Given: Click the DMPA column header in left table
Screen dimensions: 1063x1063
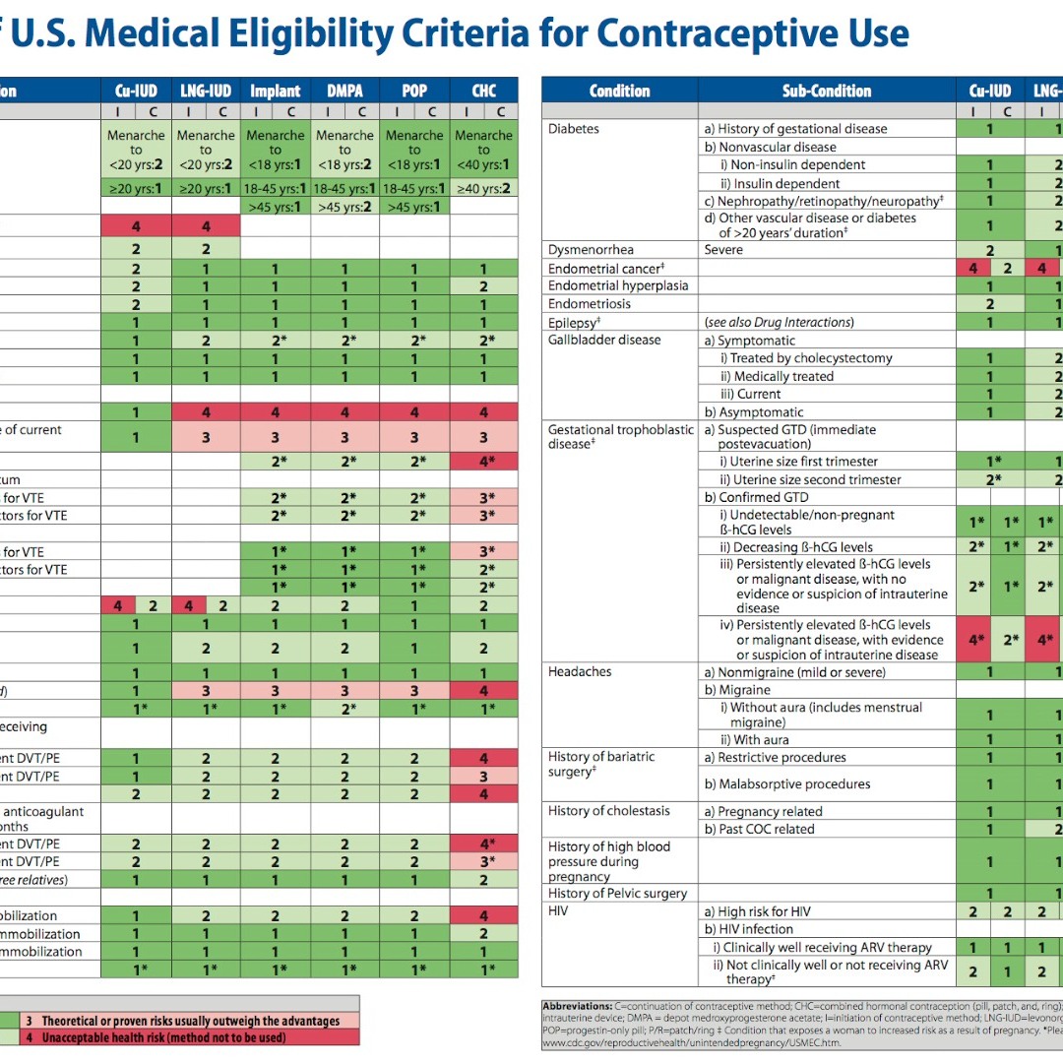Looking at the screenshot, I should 344,91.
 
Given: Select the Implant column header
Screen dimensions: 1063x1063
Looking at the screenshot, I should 275,91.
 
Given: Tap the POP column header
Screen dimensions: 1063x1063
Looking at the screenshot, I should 414,91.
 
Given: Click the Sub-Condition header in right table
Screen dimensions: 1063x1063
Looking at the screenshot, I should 827,91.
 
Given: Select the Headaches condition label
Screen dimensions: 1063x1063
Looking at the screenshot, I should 580,671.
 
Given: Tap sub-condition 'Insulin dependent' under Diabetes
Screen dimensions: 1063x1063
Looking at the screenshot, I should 785,183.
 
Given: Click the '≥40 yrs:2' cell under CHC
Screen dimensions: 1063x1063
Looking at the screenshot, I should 483,188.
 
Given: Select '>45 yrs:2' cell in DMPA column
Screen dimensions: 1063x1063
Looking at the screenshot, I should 344,207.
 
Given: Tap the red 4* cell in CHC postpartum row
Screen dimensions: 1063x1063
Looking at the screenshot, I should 483,461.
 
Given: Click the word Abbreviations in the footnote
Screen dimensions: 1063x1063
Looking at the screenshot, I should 577,1005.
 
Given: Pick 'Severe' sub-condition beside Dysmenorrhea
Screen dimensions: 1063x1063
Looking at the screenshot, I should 723,250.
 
